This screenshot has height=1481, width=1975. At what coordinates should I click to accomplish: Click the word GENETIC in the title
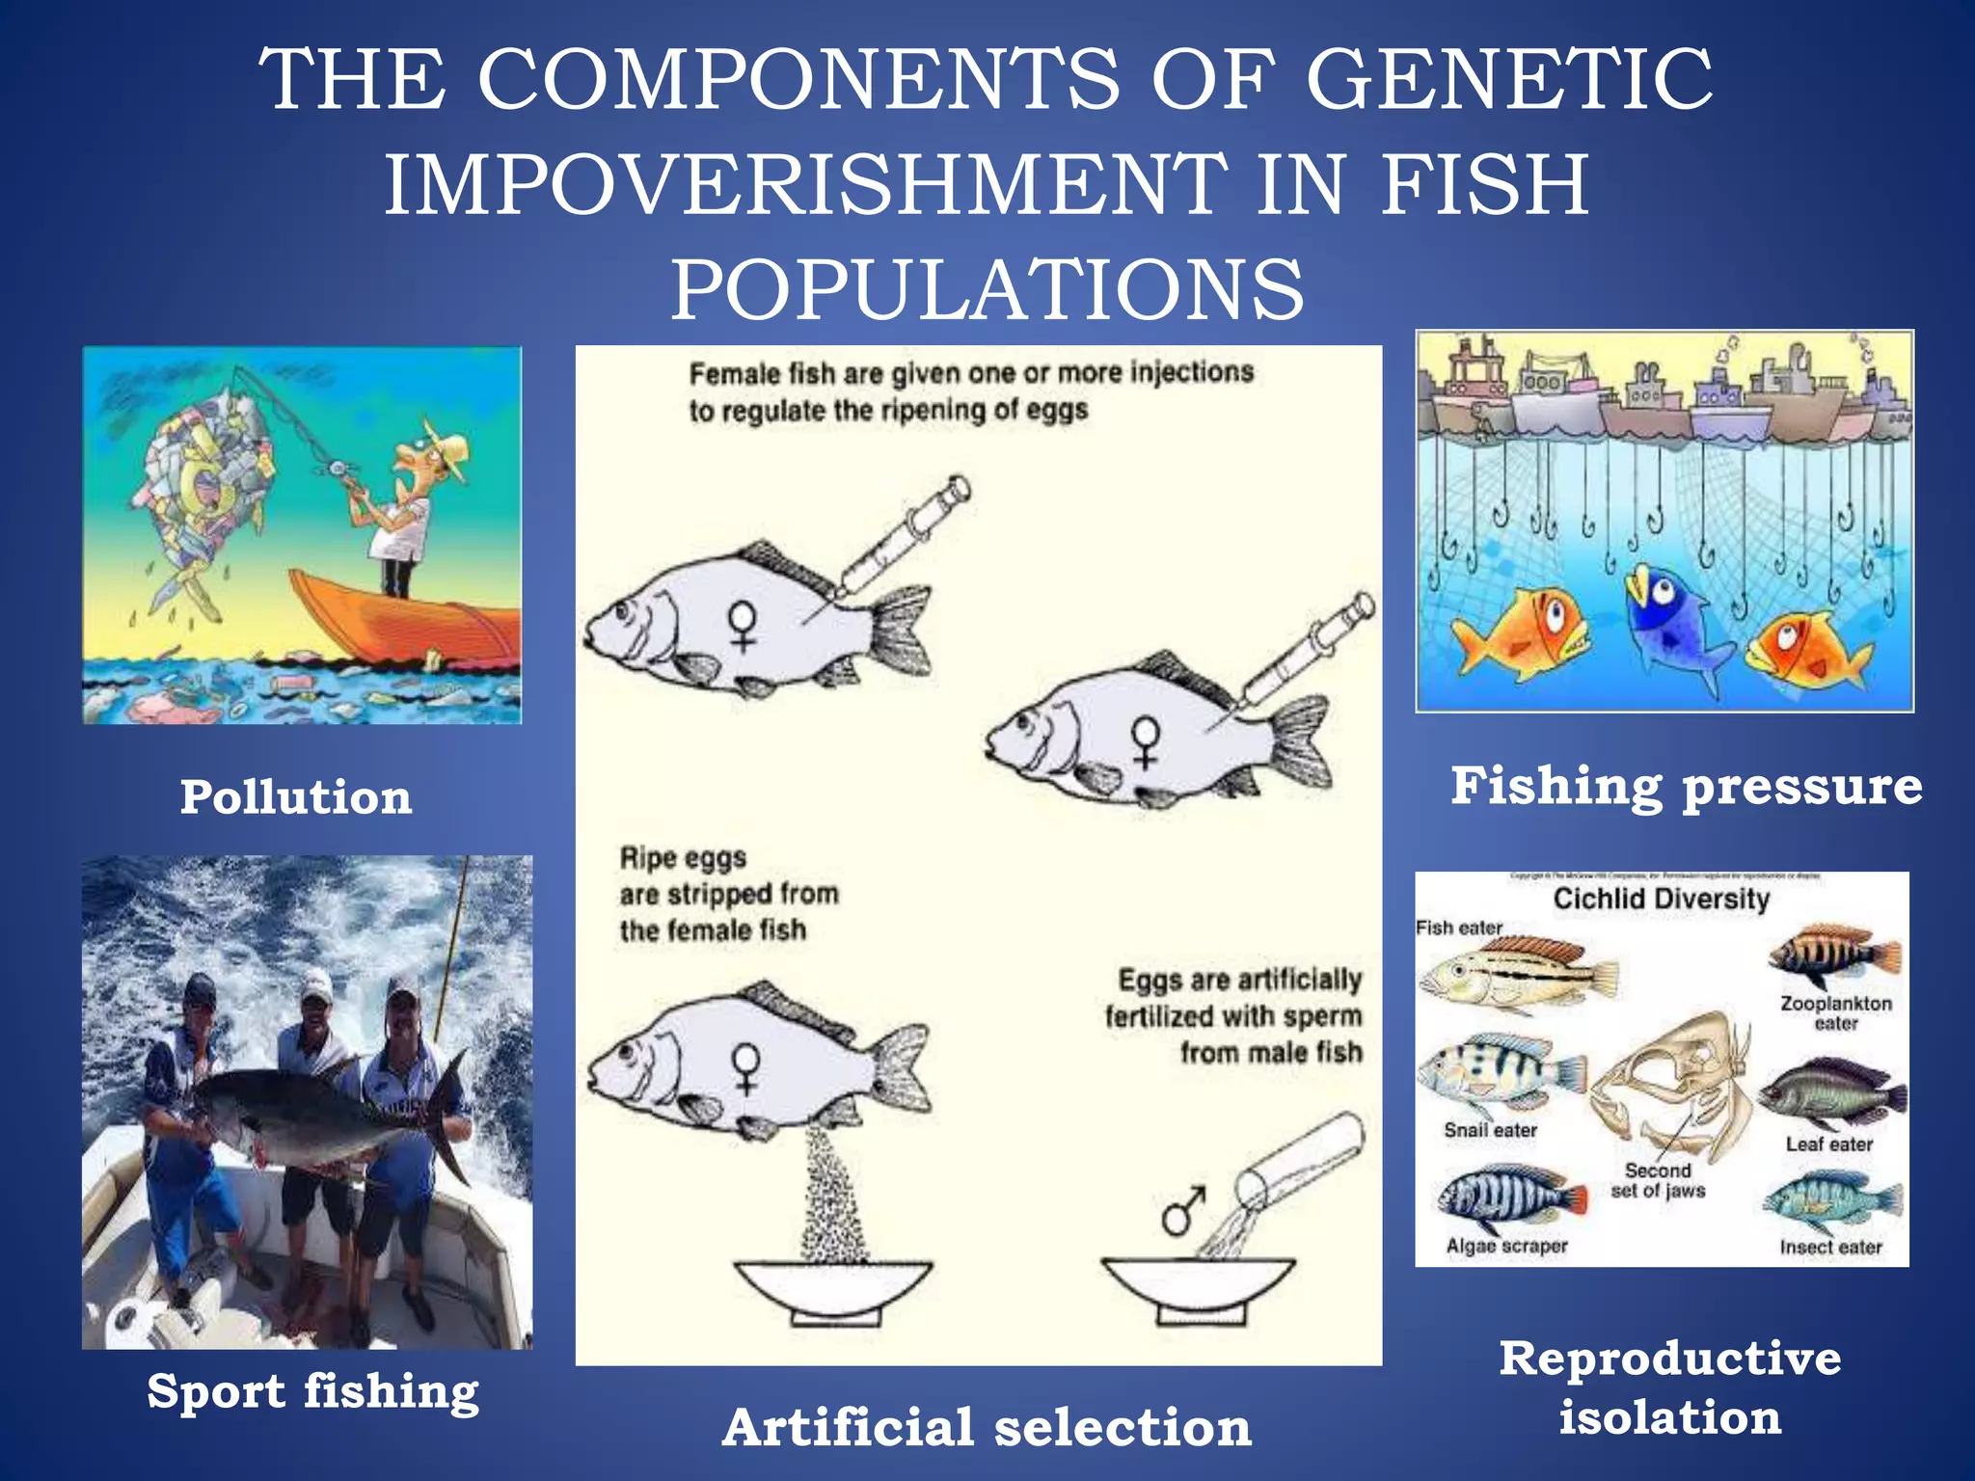[1509, 80]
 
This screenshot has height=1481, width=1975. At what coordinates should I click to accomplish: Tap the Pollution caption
[296, 797]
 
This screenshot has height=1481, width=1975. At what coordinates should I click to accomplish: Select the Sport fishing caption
[312, 1392]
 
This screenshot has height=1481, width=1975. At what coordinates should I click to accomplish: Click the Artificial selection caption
[987, 1427]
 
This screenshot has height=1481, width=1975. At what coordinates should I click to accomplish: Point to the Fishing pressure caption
[1686, 786]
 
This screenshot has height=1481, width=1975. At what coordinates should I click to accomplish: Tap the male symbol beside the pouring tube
[1181, 1210]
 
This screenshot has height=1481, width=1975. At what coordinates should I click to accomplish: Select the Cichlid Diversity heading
[1661, 899]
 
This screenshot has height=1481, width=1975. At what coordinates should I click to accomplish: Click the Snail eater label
[1490, 1130]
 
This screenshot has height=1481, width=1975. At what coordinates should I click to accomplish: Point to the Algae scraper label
[1506, 1246]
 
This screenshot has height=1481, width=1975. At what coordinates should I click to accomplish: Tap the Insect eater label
[1830, 1248]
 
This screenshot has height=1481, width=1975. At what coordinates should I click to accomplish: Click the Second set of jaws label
[1658, 1180]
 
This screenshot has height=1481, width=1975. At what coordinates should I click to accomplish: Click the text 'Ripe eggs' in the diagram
[683, 857]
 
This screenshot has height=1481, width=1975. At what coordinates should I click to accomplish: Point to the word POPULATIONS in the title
[987, 289]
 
